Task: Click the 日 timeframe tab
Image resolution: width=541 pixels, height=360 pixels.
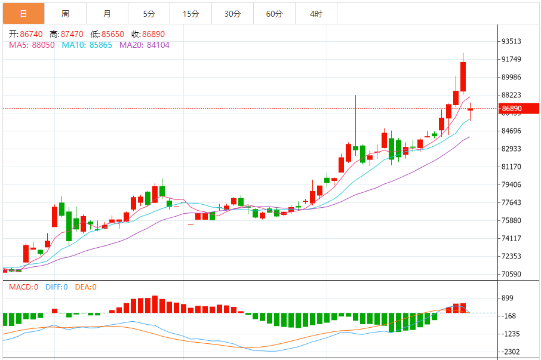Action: coord(23,13)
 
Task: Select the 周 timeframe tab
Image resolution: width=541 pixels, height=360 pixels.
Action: coord(65,13)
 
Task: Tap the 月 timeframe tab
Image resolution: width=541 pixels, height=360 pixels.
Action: coord(107,13)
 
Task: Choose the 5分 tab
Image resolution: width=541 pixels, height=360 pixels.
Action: coord(149,13)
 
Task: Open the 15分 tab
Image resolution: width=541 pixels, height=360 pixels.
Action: coord(190,13)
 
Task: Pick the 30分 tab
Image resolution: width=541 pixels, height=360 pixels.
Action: coord(232,13)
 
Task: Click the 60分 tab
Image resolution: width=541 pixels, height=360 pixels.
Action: coord(274,13)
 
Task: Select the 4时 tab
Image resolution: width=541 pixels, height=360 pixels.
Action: coord(316,13)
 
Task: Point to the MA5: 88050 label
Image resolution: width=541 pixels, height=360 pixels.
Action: coord(32,45)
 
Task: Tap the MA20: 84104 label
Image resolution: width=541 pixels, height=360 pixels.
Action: coord(145,45)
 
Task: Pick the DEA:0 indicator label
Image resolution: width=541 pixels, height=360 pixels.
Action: coord(85,287)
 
